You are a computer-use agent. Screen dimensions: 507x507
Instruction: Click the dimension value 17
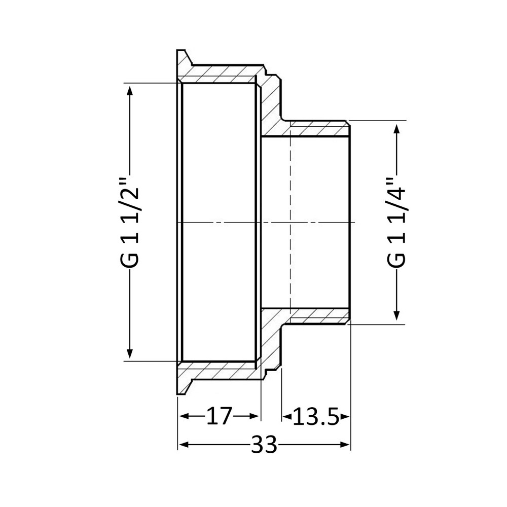tap(219, 417)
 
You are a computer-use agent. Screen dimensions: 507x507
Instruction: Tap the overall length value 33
tap(264, 445)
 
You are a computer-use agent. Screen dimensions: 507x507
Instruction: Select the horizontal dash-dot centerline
tap(228, 223)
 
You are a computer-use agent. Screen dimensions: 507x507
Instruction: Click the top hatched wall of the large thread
tap(218, 74)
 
